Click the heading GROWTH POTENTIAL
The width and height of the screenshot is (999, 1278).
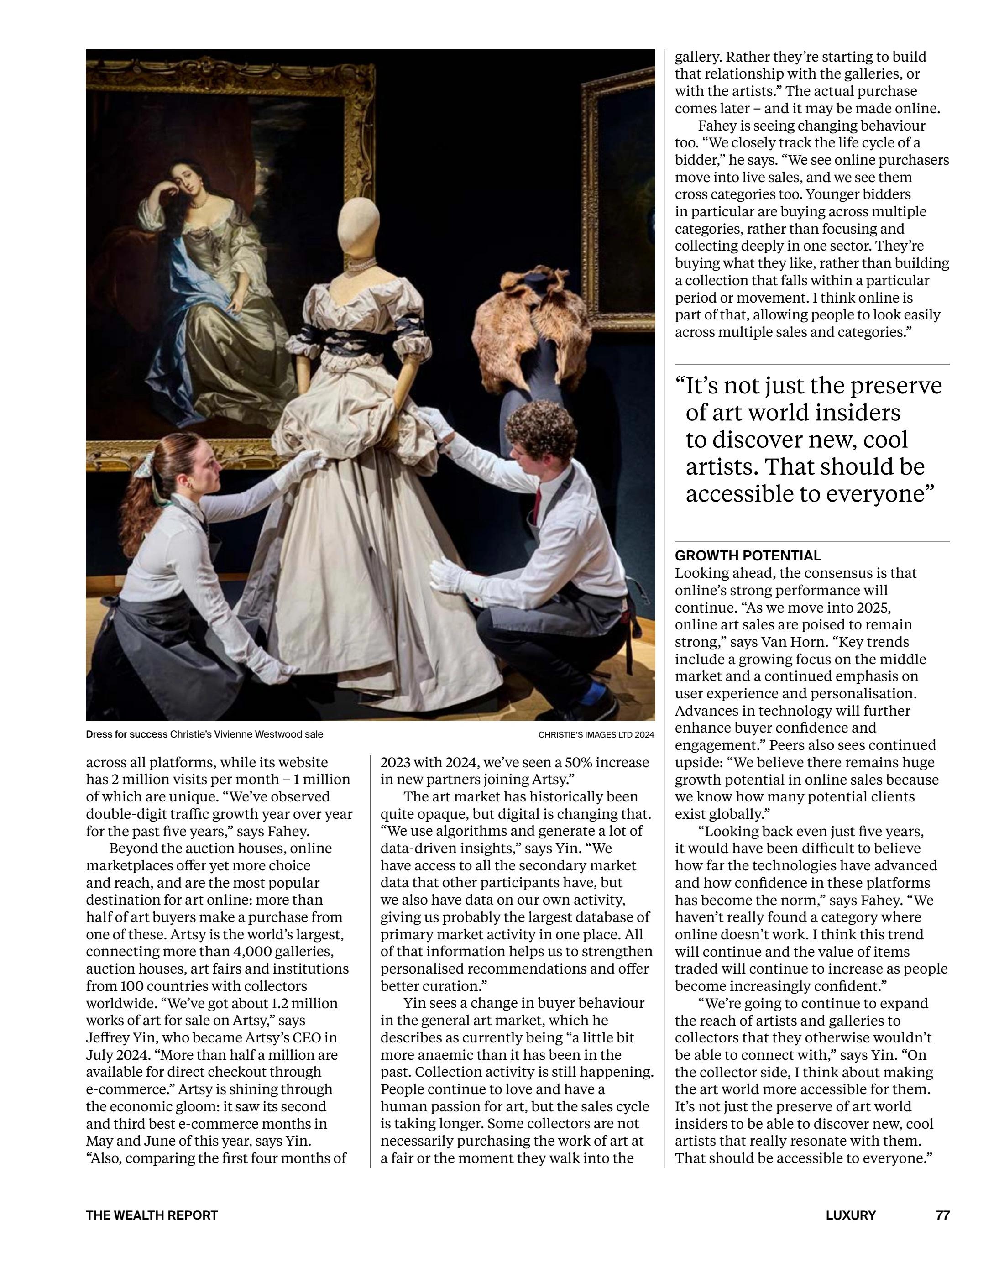[x=748, y=555]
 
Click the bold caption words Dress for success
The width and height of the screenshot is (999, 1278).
[x=126, y=734]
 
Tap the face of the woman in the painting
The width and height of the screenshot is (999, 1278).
[x=186, y=180]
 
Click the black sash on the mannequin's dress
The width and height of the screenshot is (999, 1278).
[x=351, y=340]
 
